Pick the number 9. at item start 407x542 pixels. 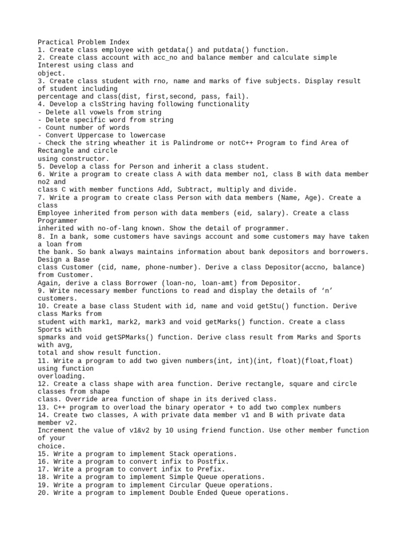[x=41, y=291]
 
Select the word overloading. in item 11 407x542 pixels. [x=59, y=376]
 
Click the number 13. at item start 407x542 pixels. [x=43, y=407]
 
